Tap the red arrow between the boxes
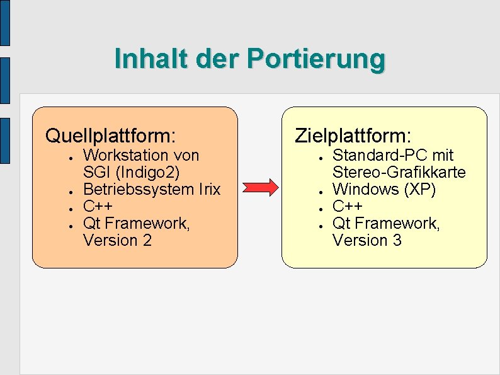tap(260, 187)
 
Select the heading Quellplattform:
tap(110, 136)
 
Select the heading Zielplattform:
tap(353, 136)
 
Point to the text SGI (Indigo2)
tap(132, 172)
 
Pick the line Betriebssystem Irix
tap(152, 189)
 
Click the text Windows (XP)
tap(384, 189)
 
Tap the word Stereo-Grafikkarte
tap(399, 172)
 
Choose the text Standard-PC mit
tap(393, 155)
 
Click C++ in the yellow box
tap(347, 206)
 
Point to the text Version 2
tap(117, 240)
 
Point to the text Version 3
tap(366, 240)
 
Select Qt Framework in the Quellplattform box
tap(136, 223)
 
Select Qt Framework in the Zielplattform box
tap(386, 223)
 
